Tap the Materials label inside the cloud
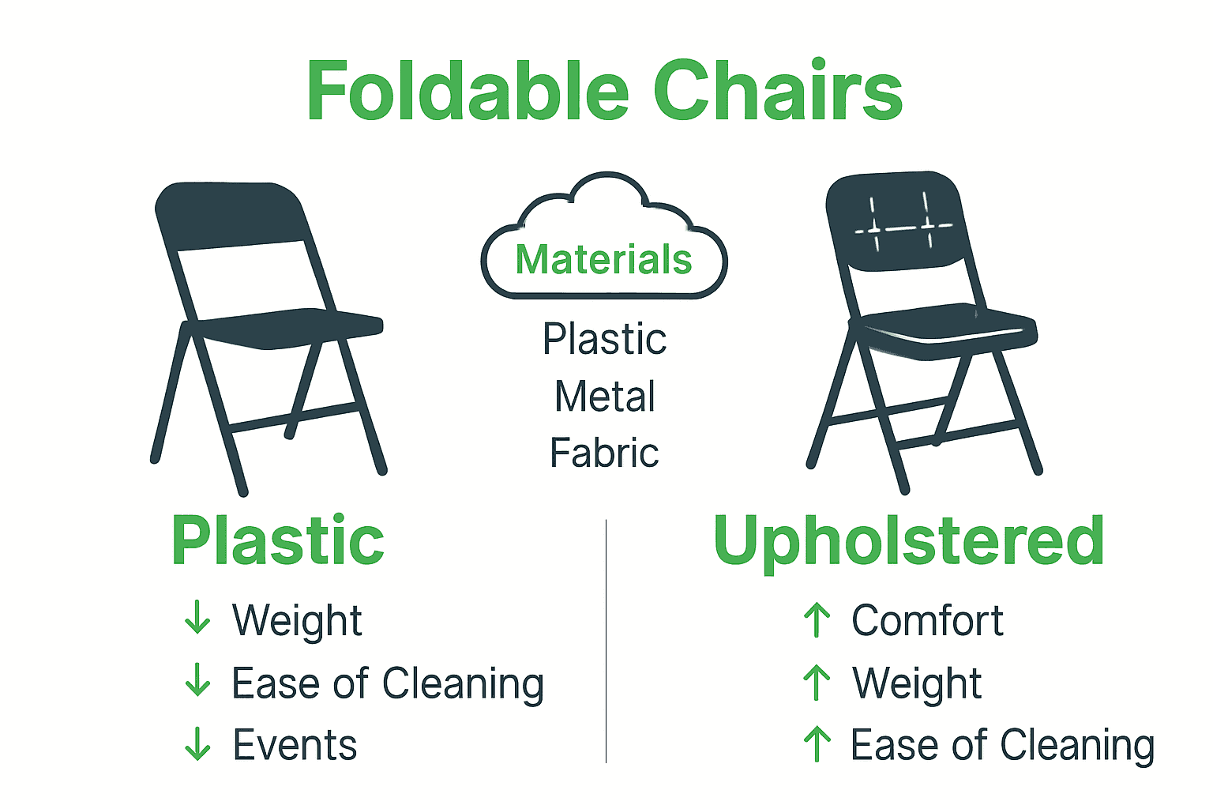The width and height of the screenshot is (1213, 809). point(604,260)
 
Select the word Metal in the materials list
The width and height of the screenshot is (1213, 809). point(605,397)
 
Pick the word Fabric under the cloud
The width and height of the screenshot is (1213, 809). point(604,453)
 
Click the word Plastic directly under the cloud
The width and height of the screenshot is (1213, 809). point(604,340)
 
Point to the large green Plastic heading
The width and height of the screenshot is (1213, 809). point(278,541)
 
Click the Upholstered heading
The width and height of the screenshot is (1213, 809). point(908,541)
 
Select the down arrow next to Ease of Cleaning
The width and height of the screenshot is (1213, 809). point(197,680)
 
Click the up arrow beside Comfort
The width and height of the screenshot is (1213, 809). point(817,620)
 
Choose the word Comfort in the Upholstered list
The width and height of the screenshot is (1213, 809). point(927,620)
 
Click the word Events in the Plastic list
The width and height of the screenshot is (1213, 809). point(295,745)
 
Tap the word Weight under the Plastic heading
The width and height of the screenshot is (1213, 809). point(297,620)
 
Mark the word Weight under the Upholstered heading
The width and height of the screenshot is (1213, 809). point(917,683)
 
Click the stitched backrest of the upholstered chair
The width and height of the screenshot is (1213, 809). point(896,221)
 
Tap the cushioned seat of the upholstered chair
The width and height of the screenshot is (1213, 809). point(948,325)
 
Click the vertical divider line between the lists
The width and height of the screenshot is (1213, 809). point(606,640)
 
